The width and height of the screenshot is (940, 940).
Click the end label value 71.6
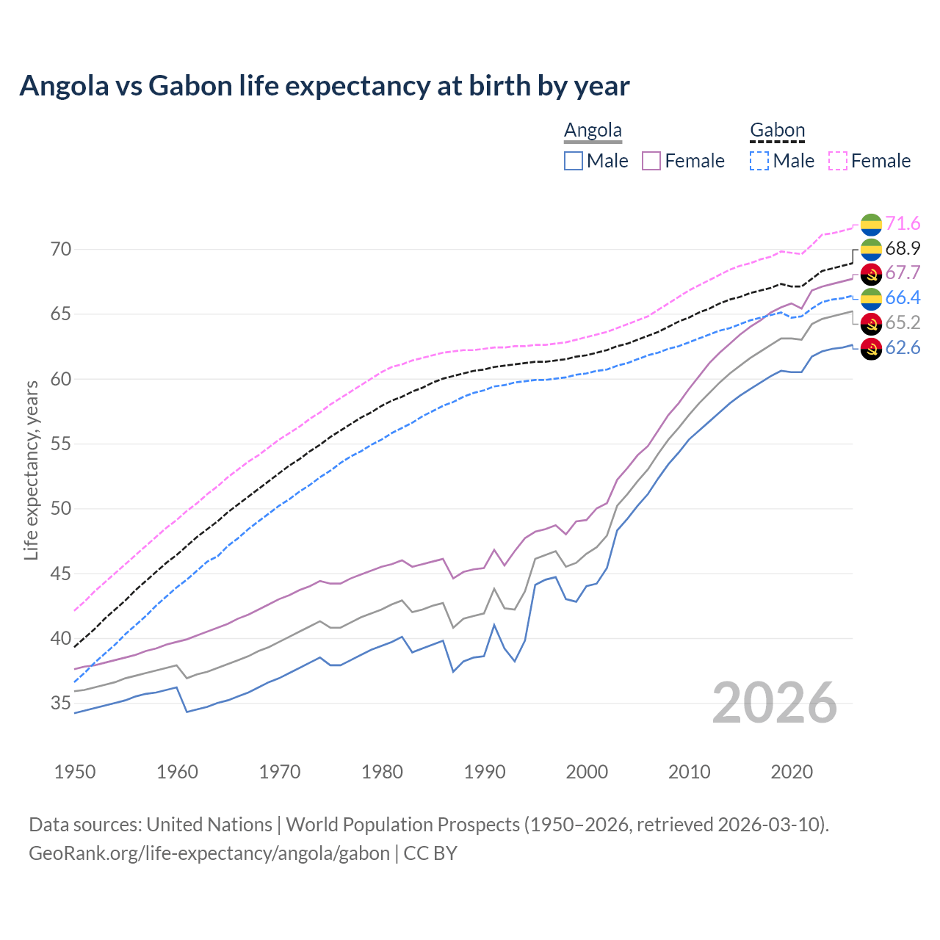[903, 224]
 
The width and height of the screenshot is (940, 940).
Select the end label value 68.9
[903, 249]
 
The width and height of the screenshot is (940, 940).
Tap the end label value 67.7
[903, 273]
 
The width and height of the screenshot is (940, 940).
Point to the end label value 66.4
[903, 298]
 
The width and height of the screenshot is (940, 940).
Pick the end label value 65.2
[903, 323]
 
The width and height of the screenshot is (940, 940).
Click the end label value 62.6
[903, 348]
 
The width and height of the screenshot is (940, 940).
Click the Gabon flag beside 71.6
[871, 224]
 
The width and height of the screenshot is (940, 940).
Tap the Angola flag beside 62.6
[871, 348]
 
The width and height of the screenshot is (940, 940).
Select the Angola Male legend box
[574, 161]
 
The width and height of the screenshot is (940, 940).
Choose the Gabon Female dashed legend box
[838, 161]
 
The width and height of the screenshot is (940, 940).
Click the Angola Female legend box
[651, 161]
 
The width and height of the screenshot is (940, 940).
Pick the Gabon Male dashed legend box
[759, 161]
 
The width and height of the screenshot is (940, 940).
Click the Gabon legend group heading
[777, 131]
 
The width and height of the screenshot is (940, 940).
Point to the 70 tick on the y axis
[61, 250]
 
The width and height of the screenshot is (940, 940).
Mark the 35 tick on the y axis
[61, 704]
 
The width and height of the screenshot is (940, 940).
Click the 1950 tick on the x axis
[75, 772]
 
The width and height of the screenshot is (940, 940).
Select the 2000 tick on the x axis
[587, 772]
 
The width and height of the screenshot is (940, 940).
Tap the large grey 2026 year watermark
[775, 704]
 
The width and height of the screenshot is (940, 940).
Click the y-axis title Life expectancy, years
[31, 470]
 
